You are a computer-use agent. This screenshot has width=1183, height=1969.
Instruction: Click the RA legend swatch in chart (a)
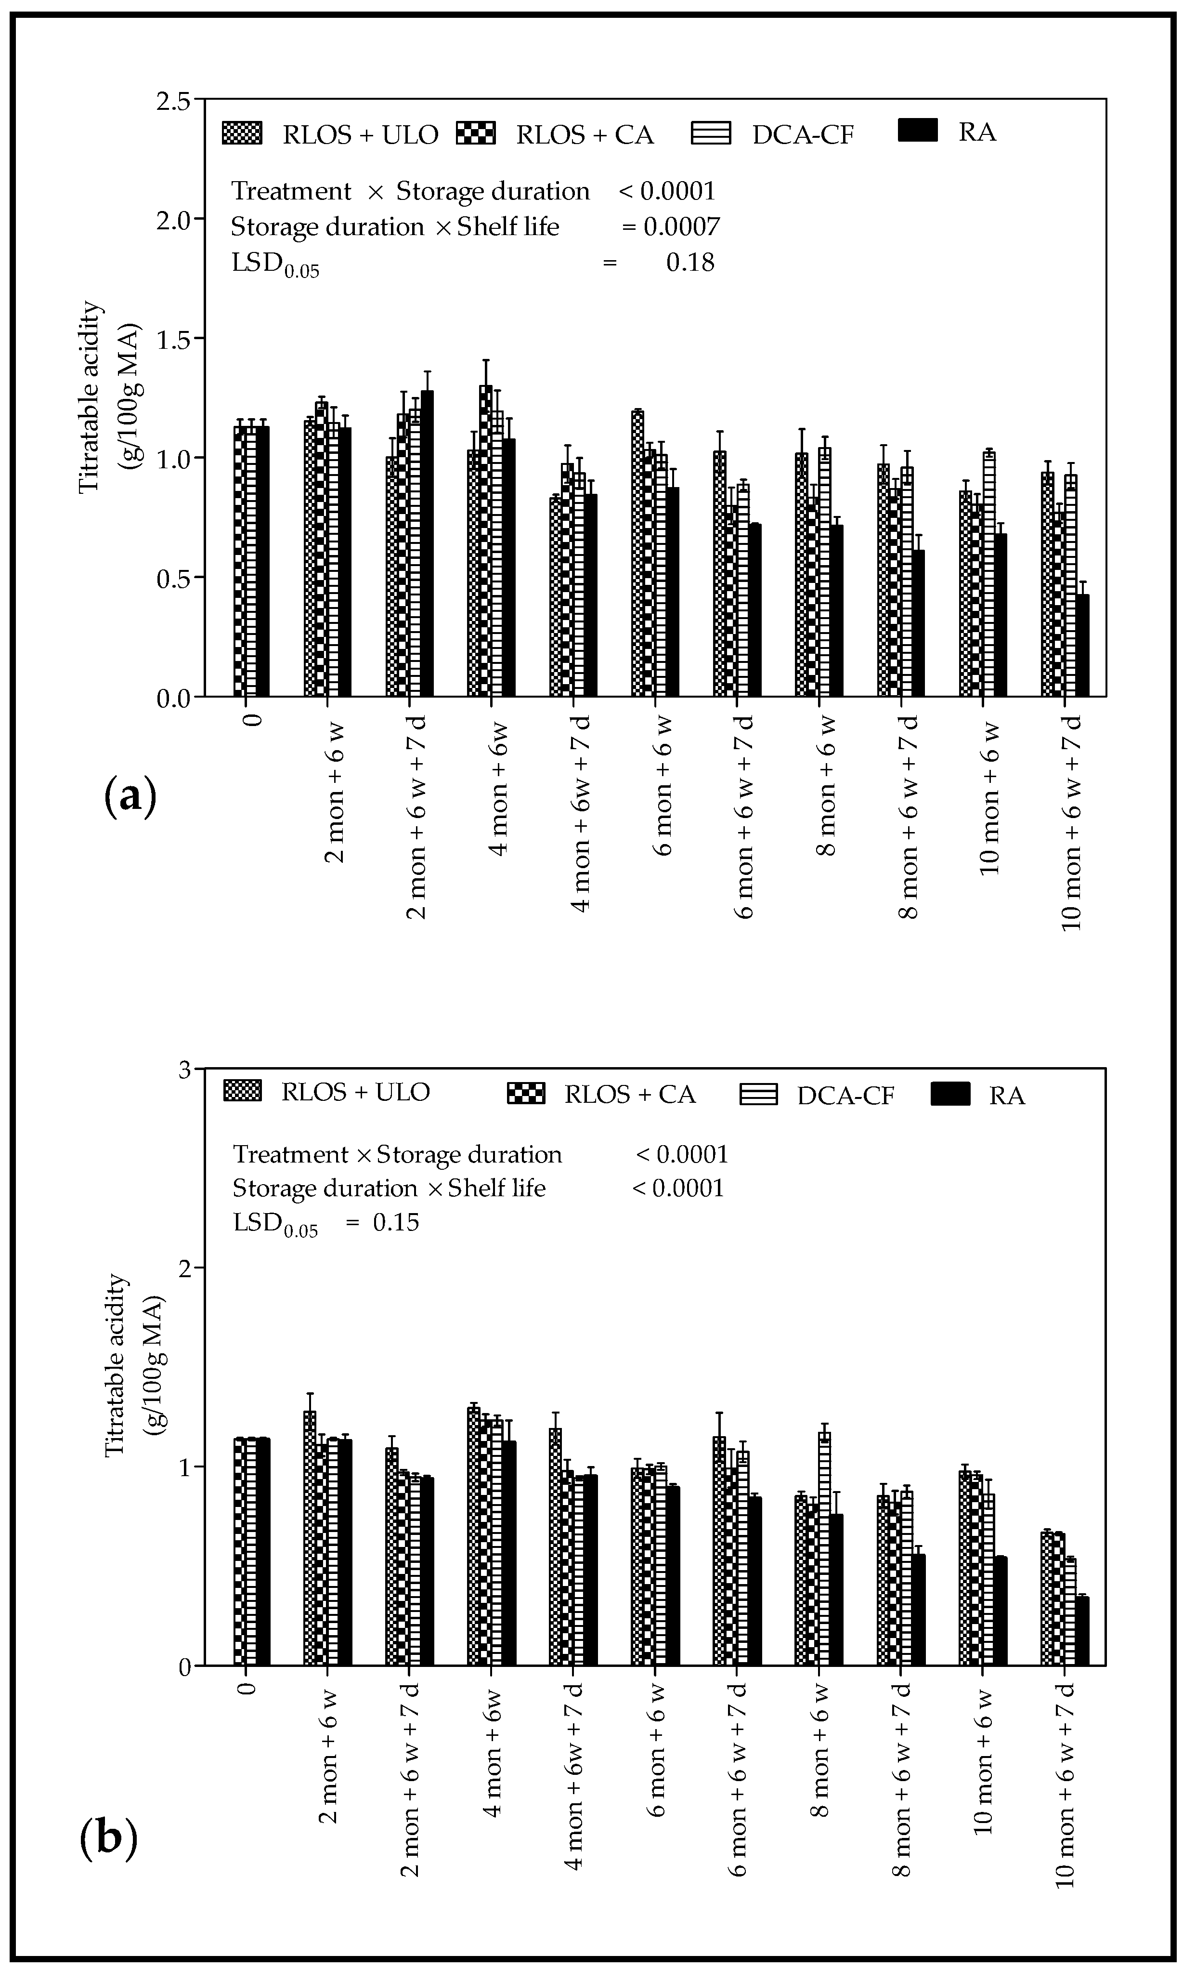point(918,130)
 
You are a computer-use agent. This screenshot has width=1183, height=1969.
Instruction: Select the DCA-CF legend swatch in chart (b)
point(758,1095)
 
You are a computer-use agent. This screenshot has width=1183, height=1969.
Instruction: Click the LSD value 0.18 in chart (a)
point(690,263)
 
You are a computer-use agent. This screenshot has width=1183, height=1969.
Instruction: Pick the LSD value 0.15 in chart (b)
point(396,1223)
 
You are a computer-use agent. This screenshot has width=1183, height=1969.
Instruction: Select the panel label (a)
point(130,797)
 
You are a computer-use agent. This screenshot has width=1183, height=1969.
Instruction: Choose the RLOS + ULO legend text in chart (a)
point(360,135)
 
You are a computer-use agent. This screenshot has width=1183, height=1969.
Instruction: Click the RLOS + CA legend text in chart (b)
point(630,1095)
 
